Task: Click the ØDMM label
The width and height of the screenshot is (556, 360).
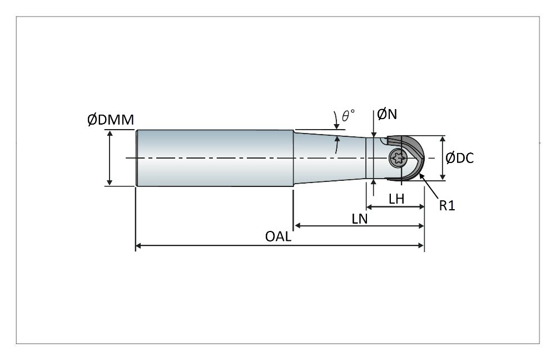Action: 110,120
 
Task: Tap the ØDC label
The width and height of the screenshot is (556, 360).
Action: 460,158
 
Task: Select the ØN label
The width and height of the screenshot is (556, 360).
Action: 386,115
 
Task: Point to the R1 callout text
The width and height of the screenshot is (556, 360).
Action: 447,205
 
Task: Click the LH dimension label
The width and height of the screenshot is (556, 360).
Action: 396,199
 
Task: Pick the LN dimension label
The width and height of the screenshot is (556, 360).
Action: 360,219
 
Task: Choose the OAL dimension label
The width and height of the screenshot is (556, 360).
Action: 277,236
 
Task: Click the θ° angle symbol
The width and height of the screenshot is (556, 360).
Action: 348,115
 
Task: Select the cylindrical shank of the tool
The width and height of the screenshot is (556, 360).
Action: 214,158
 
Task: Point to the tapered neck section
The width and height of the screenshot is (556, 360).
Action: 328,158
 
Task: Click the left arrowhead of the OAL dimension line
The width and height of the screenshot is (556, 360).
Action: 139,245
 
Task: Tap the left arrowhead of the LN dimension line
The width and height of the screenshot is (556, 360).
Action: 297,225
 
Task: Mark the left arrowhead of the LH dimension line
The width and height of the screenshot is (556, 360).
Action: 369,207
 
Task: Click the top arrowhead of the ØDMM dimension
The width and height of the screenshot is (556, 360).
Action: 110,133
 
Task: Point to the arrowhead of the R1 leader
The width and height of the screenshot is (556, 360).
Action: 421,175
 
